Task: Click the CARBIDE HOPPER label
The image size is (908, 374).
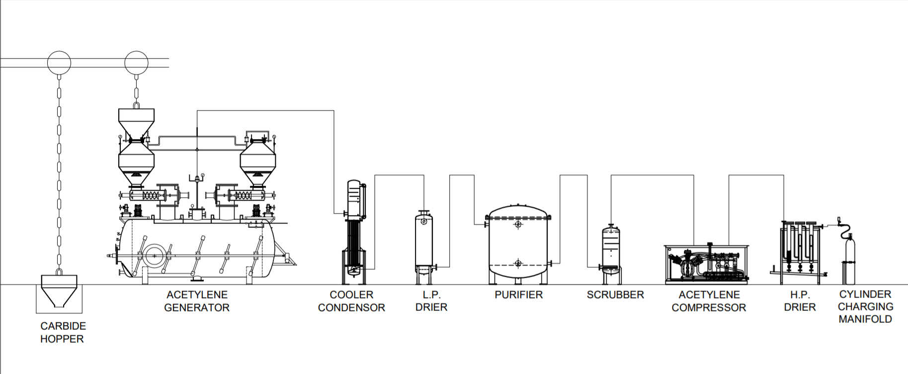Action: [63, 333]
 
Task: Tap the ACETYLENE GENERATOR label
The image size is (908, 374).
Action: [197, 301]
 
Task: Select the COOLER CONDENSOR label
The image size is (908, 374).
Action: [351, 301]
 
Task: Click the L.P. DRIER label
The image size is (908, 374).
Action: [431, 301]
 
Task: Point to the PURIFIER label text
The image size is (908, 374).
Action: [518, 295]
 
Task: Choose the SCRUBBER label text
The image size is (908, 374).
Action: [615, 295]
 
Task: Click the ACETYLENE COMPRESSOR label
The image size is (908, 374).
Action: [709, 301]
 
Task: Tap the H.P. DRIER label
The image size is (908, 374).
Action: [800, 301]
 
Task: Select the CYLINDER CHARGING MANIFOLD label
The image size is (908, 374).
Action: [865, 307]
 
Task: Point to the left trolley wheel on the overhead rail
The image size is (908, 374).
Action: [59, 63]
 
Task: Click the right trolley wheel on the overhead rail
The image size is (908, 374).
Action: [136, 63]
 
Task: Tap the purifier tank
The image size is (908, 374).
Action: [518, 243]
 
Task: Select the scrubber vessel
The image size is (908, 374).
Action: [611, 248]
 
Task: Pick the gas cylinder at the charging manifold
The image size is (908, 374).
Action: [849, 258]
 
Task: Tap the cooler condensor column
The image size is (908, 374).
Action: [353, 228]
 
